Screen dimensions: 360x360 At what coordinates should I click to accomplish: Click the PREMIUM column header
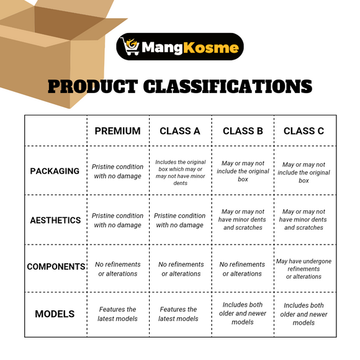(117, 131)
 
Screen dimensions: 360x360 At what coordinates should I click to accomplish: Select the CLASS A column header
(180, 131)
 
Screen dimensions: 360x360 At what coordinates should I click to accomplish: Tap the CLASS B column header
(243, 131)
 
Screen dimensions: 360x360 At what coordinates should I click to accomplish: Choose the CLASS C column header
(304, 131)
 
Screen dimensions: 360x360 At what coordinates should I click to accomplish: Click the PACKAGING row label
(55, 171)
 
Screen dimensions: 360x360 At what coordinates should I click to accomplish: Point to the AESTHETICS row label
(55, 220)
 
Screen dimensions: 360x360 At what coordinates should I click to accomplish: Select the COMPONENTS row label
(56, 267)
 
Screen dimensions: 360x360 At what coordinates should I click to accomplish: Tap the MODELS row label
(55, 314)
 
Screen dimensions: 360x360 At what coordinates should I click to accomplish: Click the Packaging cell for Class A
(180, 171)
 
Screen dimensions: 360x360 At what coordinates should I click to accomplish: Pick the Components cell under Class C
(304, 269)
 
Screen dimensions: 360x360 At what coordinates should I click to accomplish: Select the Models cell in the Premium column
(117, 314)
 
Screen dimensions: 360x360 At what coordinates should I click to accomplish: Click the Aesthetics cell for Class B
(243, 220)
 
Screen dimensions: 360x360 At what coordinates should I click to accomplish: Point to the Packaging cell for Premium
(117, 171)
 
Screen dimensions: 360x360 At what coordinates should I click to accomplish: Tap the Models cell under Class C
(304, 314)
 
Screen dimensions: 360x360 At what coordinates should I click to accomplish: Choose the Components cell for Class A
(180, 269)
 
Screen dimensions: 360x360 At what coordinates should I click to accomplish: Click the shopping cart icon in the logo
(131, 47)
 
